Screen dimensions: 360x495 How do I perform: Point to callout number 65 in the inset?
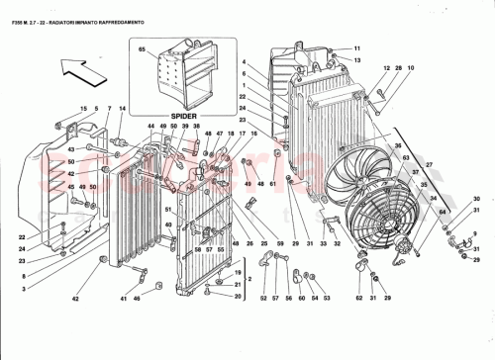[142, 48]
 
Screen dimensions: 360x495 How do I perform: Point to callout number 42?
[75, 298]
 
